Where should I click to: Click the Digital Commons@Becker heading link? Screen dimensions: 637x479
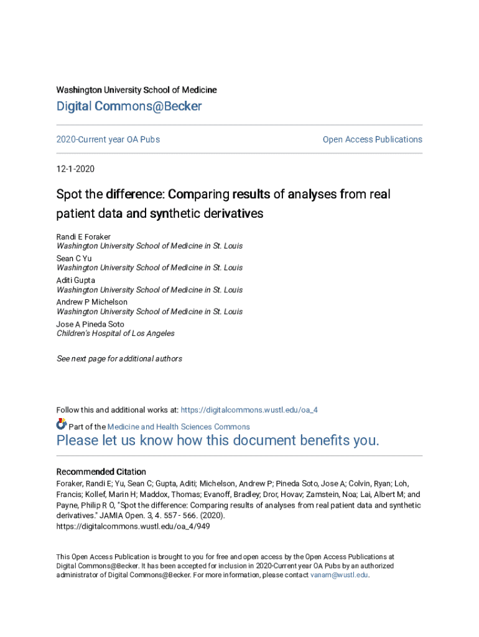click(129, 106)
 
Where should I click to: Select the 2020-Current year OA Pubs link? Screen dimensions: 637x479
click(108, 139)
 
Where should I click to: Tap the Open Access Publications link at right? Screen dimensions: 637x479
click(372, 139)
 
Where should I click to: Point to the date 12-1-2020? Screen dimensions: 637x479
click(75, 169)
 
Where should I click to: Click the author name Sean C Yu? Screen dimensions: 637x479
click(74, 258)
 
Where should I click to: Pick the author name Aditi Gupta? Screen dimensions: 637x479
click(76, 281)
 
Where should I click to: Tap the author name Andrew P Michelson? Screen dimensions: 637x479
click(92, 302)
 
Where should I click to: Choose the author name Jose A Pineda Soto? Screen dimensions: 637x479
click(90, 324)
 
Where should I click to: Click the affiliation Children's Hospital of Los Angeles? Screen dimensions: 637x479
click(116, 333)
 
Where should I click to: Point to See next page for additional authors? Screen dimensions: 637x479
click(119, 359)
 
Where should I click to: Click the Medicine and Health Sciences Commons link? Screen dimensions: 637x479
click(179, 427)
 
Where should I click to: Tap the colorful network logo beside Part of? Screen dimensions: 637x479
click(61, 424)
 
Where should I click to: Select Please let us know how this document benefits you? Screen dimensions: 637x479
click(218, 441)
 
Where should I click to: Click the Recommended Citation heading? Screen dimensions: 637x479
click(101, 472)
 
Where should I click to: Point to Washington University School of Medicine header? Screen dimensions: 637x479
click(137, 90)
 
